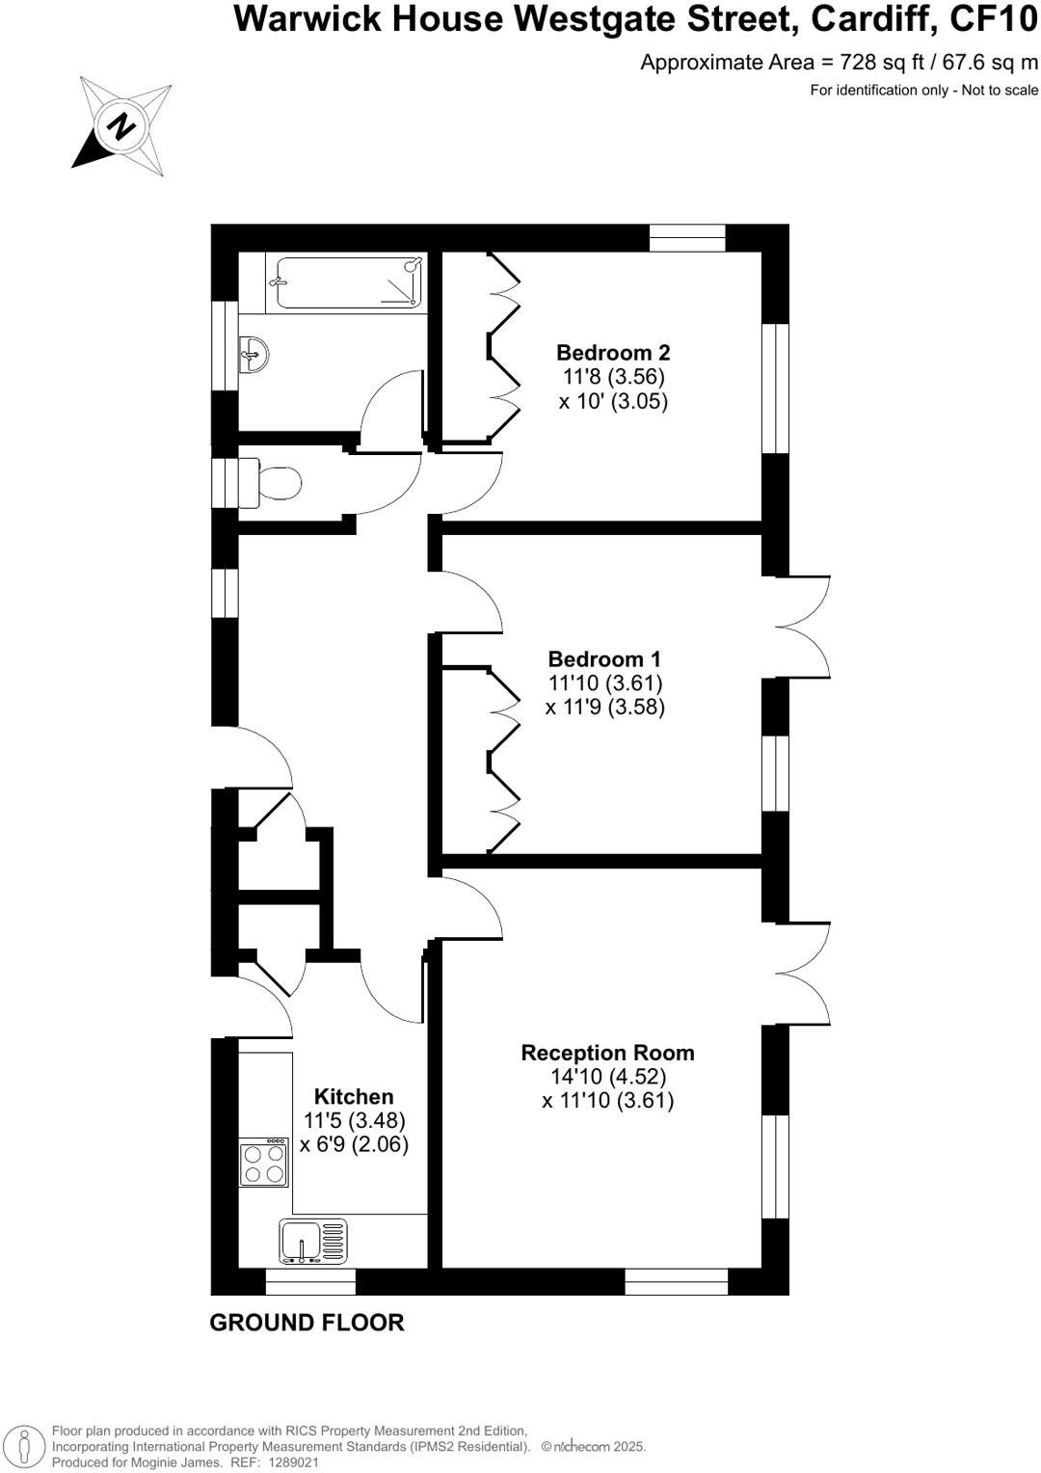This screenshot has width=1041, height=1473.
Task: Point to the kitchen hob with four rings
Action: pyautogui.click(x=264, y=1163)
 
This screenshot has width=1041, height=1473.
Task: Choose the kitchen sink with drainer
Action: pyautogui.click(x=313, y=1241)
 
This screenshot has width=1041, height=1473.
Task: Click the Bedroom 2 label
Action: pyautogui.click(x=613, y=353)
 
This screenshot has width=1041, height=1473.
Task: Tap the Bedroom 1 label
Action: pyautogui.click(x=604, y=659)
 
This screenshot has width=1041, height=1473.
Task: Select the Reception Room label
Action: pyautogui.click(x=607, y=1053)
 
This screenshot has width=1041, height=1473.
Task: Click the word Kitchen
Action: pyautogui.click(x=354, y=1097)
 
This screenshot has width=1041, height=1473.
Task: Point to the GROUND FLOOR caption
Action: pyautogui.click(x=307, y=1323)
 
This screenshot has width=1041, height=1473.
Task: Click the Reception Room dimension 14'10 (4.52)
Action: pyautogui.click(x=608, y=1077)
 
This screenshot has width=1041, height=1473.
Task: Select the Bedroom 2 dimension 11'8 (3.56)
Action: pyautogui.click(x=614, y=377)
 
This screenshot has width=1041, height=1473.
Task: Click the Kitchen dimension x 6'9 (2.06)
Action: pyautogui.click(x=354, y=1145)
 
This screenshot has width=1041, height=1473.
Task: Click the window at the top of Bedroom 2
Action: pyautogui.click(x=687, y=238)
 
